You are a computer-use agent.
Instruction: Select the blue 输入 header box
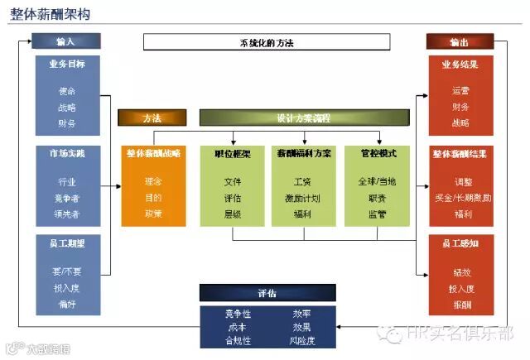point(65,41)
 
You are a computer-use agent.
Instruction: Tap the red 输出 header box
point(460,41)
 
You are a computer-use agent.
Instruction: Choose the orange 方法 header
point(152,118)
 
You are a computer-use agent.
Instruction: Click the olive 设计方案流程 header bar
point(302,118)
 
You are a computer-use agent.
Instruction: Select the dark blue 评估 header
point(267,293)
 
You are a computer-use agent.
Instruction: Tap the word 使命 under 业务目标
point(65,90)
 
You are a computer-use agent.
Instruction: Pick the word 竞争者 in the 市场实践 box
point(65,198)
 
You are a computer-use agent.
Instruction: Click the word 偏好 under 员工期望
point(65,305)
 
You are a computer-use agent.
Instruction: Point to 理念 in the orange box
point(152,180)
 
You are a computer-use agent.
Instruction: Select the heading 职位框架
point(233,154)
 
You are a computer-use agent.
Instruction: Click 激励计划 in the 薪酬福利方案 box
point(302,197)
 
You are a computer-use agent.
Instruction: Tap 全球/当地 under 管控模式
point(377,180)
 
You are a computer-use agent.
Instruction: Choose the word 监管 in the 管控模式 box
point(377,214)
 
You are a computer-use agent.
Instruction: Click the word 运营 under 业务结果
point(460,90)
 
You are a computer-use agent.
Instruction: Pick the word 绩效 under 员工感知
point(460,271)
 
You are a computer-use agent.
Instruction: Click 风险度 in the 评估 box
point(302,340)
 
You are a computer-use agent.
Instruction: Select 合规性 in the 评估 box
point(238,340)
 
